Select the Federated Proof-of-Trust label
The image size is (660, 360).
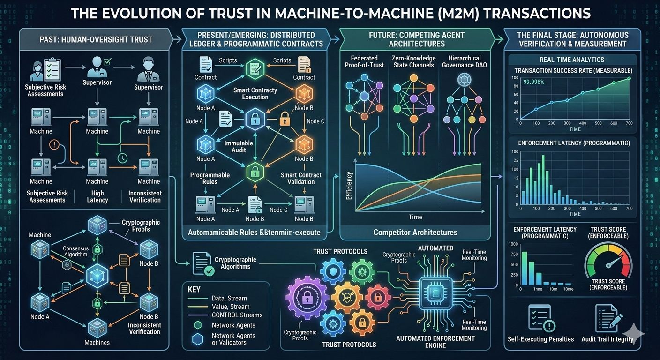pyautogui.click(x=364, y=61)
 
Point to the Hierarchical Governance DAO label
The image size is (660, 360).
pyautogui.click(x=465, y=61)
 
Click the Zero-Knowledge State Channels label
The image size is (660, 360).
pyautogui.click(x=414, y=61)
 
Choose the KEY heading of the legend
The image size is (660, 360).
pyautogui.click(x=194, y=289)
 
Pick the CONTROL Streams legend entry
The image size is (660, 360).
pyautogui.click(x=237, y=315)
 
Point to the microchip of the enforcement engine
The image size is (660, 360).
pyautogui.click(x=435, y=293)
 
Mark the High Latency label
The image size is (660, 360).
pyautogui.click(x=97, y=196)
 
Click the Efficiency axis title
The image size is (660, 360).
pyautogui.click(x=349, y=187)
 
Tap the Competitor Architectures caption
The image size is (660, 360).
pyautogui.click(x=415, y=232)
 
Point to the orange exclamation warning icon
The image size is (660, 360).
pyautogui.click(x=54, y=145)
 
